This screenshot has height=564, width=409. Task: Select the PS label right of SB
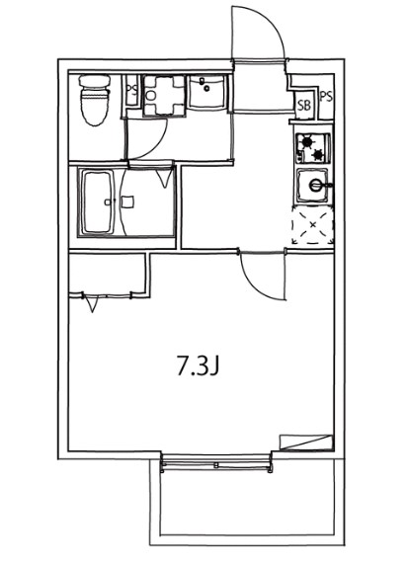(x=325, y=98)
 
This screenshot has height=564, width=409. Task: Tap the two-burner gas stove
(x=313, y=147)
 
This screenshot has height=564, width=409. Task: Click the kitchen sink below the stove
(x=315, y=185)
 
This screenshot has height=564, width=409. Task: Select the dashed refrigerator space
(x=313, y=226)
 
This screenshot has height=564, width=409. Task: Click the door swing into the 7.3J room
(x=264, y=277)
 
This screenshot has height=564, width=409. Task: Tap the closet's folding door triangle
(x=92, y=302)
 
